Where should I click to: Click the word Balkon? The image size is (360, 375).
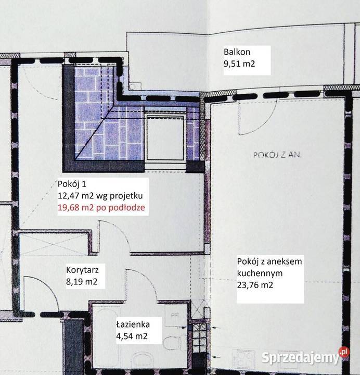[237, 52]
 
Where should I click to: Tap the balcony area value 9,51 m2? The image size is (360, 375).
[240, 66]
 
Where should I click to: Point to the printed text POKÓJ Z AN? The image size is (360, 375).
[278, 155]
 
